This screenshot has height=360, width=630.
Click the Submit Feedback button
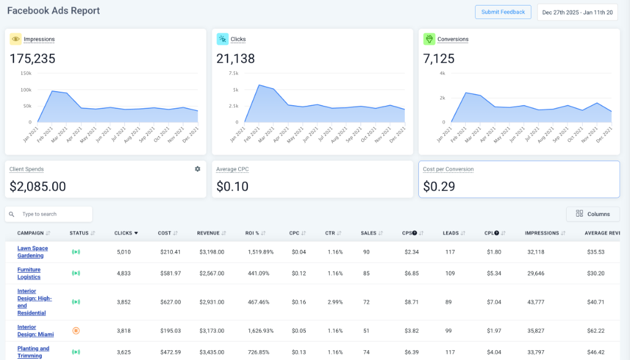[503, 12]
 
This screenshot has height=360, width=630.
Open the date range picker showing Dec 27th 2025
[577, 12]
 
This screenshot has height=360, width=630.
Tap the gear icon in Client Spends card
[197, 169]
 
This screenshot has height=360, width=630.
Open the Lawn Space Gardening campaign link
[32, 252]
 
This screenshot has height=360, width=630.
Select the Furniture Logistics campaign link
[29, 273]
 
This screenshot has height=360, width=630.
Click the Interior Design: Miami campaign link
[35, 330]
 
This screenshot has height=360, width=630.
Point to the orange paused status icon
[76, 331]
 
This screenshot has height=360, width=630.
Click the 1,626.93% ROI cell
[261, 331]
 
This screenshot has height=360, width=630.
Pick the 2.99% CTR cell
[335, 302]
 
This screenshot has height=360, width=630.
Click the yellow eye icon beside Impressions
[15, 39]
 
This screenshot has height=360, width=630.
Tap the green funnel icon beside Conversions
[429, 39]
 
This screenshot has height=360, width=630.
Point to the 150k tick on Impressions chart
[26, 73]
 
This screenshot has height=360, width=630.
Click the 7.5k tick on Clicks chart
[233, 73]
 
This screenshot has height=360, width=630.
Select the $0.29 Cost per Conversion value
[439, 186]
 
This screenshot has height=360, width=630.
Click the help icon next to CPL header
[496, 233]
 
